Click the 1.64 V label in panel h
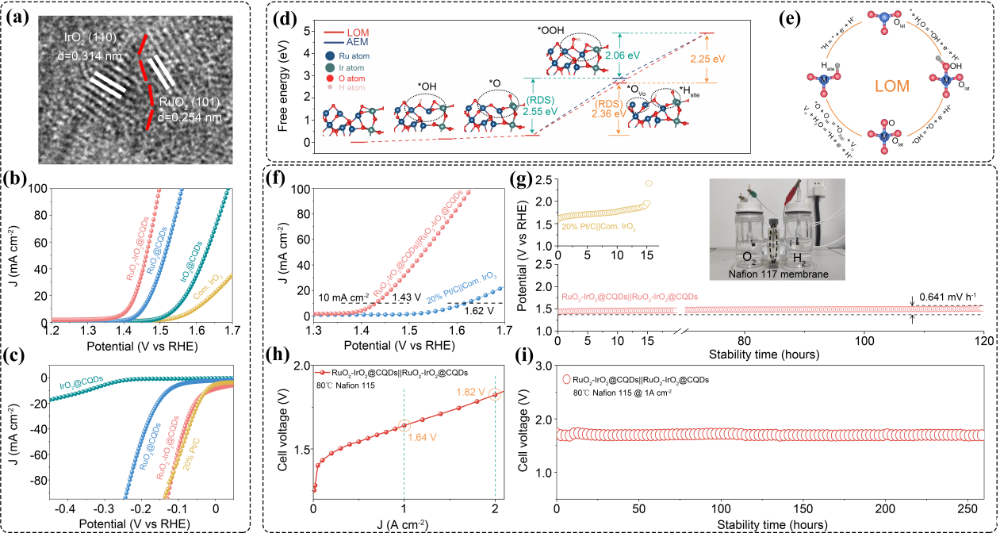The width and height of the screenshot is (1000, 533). [x=422, y=436]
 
